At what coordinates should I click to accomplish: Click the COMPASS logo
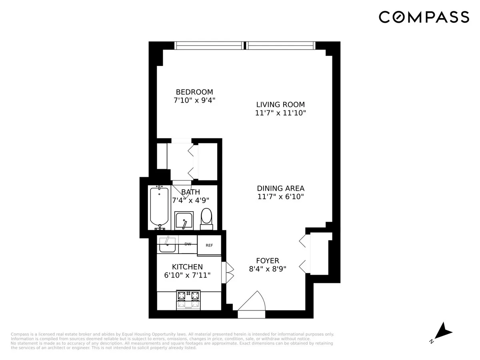424,17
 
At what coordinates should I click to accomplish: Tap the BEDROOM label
194,92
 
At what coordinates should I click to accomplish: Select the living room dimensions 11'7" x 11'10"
280,113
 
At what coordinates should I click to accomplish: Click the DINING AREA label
280,188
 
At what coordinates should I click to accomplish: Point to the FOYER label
268,261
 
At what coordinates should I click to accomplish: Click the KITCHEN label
187,267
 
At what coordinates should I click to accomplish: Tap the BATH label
191,192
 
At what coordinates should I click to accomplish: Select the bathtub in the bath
159,207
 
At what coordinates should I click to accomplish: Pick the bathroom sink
184,221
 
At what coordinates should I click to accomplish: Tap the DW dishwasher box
188,244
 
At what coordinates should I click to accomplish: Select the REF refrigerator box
209,246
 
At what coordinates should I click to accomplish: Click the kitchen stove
188,300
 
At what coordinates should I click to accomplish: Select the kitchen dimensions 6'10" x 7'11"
187,275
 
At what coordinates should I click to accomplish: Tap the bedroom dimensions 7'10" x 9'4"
194,100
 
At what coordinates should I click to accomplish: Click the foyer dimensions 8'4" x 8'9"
268,269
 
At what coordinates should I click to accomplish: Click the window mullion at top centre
245,46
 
